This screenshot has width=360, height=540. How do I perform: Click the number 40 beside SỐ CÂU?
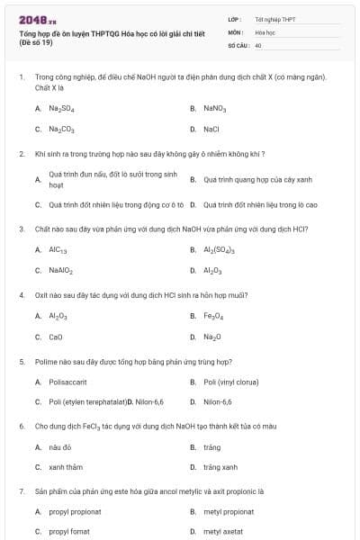(258, 45)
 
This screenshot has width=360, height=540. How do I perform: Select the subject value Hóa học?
(265, 31)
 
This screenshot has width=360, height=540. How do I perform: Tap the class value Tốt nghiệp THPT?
(274, 19)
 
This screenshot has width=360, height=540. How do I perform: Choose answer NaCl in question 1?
(211, 129)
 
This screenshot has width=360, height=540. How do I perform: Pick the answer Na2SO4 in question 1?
(61, 108)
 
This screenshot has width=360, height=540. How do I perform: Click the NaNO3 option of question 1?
(214, 108)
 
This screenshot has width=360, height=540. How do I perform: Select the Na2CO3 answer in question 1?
(61, 129)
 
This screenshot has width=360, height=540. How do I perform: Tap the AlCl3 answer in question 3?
(58, 249)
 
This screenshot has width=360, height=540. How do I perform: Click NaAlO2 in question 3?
(61, 270)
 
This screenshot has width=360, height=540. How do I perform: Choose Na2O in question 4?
(211, 337)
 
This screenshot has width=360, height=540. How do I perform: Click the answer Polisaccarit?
(67, 382)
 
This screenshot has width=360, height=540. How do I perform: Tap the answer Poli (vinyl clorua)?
(231, 382)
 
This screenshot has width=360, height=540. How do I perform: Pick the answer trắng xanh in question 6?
(220, 467)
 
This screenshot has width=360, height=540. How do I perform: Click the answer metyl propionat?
(228, 511)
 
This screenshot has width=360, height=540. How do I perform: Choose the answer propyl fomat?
(68, 532)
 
